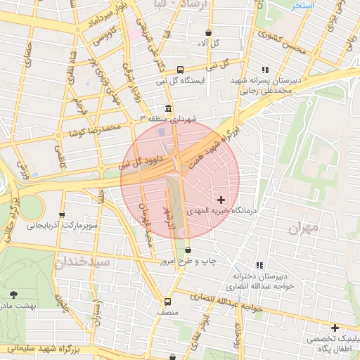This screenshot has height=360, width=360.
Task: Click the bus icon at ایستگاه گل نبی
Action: click(x=181, y=70)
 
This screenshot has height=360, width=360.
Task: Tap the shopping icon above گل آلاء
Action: click(x=209, y=32)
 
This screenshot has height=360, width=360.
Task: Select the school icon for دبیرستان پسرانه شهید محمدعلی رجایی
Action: click(x=265, y=70)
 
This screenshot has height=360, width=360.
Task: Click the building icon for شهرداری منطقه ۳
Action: click(x=167, y=108)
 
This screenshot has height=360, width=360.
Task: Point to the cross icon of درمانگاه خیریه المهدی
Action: click(x=221, y=200)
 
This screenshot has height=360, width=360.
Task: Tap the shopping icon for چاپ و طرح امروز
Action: click(x=188, y=250)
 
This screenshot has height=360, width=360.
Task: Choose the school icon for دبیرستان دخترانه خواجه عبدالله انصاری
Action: click(x=259, y=265)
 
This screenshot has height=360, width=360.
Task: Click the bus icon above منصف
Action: click(x=167, y=300)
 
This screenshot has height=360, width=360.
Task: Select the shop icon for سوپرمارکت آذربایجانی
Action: click(x=63, y=215)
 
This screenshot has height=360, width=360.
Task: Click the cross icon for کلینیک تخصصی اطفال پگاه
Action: click(x=335, y=328)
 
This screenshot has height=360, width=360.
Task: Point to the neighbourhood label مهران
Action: click(x=304, y=228)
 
